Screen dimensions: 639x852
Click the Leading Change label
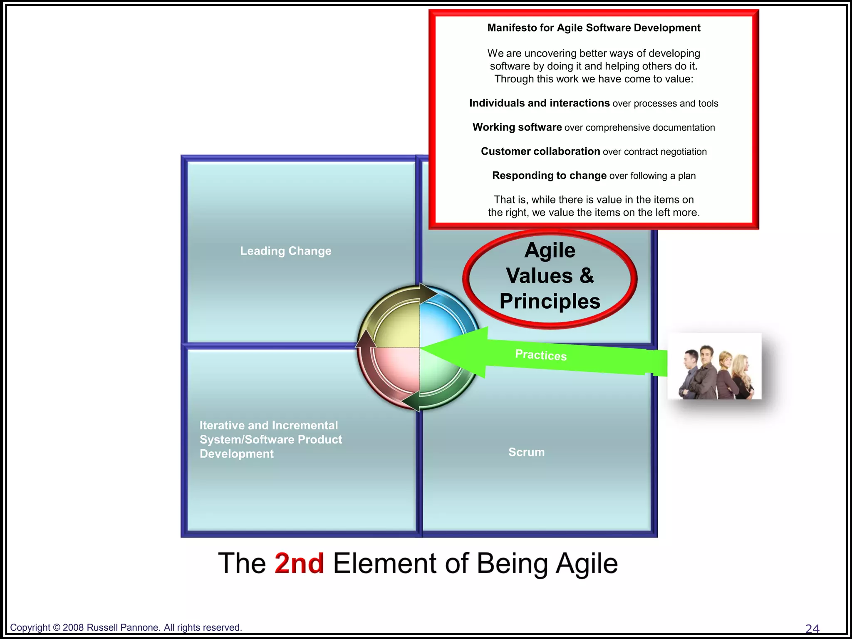click(x=285, y=251)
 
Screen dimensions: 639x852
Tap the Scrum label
click(x=526, y=452)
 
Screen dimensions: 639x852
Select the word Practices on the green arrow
click(x=540, y=355)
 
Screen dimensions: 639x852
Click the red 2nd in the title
click(x=299, y=563)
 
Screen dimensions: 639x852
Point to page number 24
click(x=812, y=628)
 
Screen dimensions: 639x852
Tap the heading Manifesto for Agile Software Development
click(x=594, y=28)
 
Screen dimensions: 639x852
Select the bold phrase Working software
click(x=517, y=127)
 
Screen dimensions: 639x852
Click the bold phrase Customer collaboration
click(x=540, y=151)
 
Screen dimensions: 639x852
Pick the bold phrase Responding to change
click(x=549, y=176)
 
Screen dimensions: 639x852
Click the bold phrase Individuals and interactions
click(x=539, y=103)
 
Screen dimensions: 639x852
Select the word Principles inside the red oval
click(x=550, y=301)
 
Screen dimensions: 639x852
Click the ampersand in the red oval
click(x=587, y=276)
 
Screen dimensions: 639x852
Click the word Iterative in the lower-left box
click(x=222, y=425)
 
